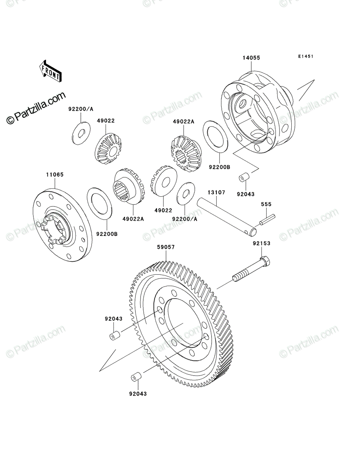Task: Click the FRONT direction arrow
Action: (x=50, y=71)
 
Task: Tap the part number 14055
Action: (x=251, y=58)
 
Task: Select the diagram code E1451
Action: (x=306, y=56)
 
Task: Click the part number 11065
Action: (x=55, y=175)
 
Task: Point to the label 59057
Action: (x=166, y=247)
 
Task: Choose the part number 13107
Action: (x=216, y=192)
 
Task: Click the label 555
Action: (x=266, y=204)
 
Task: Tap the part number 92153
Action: (x=261, y=243)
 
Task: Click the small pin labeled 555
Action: (x=267, y=220)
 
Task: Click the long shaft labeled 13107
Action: (x=227, y=217)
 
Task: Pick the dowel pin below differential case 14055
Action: (x=244, y=177)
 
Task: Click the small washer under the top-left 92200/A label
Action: (x=81, y=133)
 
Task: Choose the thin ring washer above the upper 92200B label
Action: (x=216, y=137)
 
